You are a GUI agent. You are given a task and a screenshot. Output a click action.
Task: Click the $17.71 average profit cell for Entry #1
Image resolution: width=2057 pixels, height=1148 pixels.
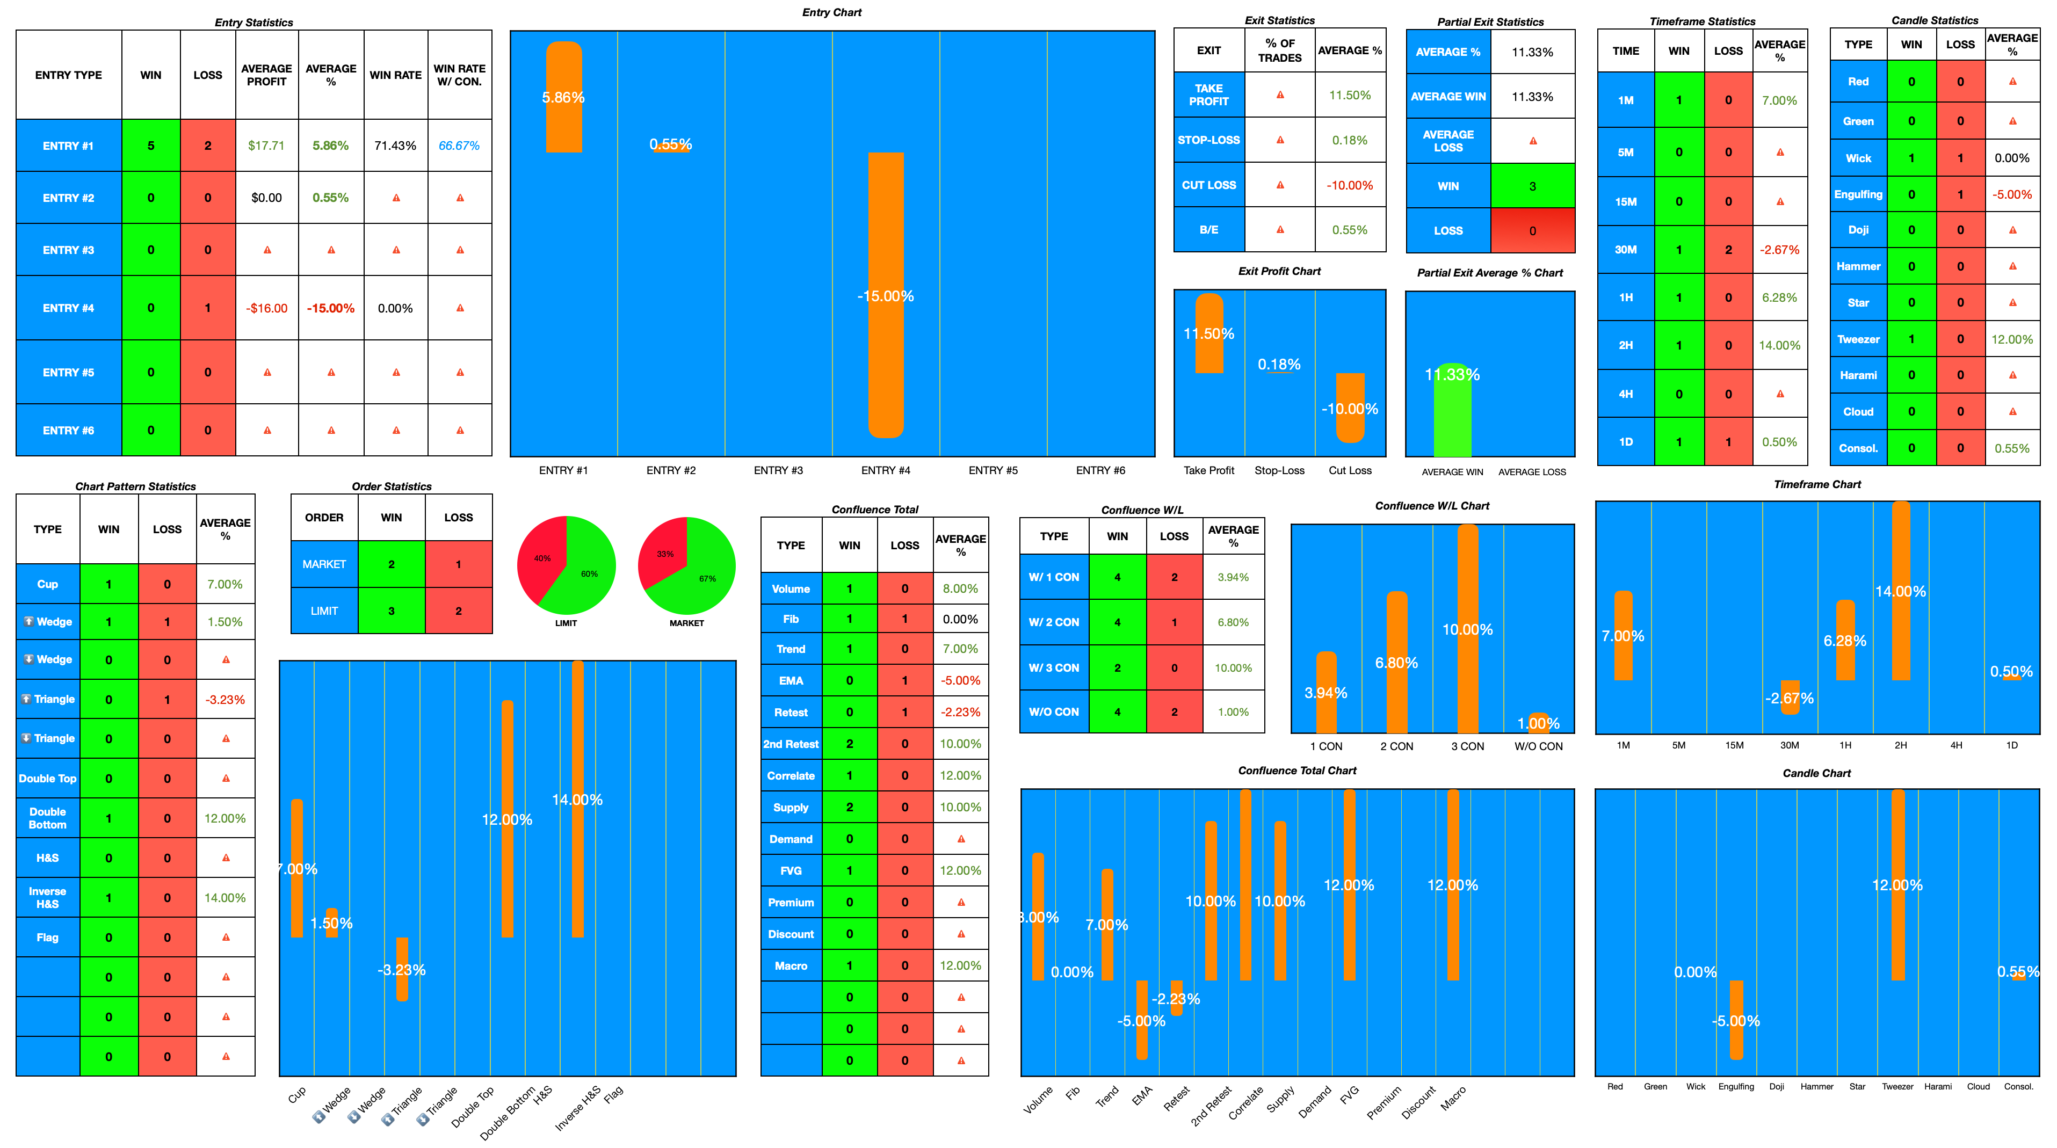click(x=266, y=146)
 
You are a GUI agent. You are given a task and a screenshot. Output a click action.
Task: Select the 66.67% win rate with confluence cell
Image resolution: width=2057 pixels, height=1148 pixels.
click(x=459, y=146)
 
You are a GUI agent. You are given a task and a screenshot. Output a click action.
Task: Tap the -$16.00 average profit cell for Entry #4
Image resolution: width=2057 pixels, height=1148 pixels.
click(x=266, y=308)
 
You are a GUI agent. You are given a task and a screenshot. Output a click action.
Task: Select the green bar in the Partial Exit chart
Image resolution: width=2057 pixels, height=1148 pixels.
click(x=1452, y=415)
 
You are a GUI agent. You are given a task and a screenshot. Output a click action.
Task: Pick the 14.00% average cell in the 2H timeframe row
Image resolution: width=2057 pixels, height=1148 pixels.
click(x=1779, y=345)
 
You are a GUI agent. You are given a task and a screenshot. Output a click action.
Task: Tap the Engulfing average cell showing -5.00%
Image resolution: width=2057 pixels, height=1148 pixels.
click(x=2011, y=194)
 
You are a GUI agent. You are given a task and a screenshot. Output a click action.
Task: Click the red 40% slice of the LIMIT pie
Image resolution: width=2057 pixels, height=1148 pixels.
click(x=539, y=555)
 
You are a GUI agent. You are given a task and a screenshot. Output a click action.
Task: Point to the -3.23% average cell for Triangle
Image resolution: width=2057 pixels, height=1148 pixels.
click(x=225, y=699)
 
